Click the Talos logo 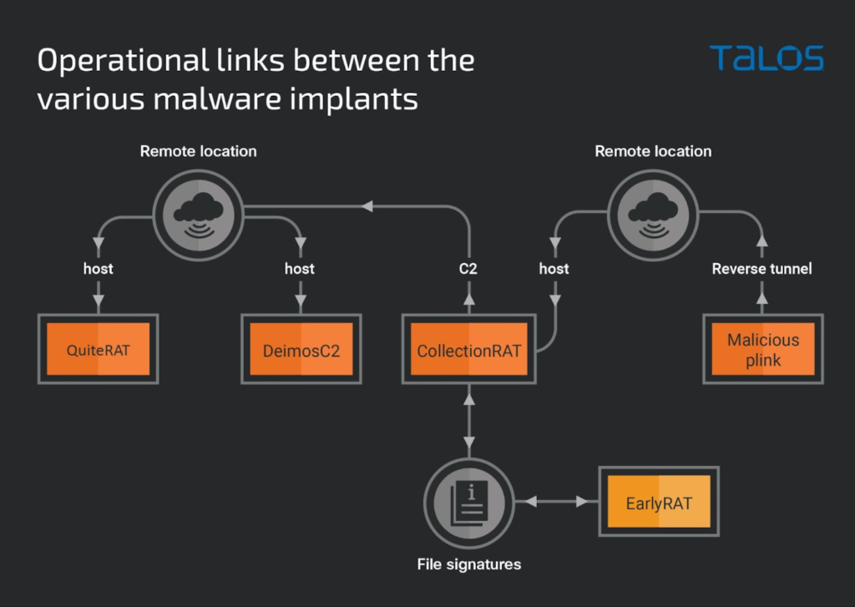(x=766, y=58)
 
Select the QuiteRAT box (x=98, y=349)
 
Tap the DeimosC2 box (x=301, y=349)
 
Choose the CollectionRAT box (x=468, y=349)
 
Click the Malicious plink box (x=762, y=349)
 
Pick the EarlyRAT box (x=659, y=503)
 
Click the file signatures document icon (x=468, y=503)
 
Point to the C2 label (x=468, y=269)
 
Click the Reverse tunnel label (x=761, y=269)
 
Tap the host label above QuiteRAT (x=98, y=269)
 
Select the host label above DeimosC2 (x=299, y=269)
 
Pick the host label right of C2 (x=554, y=269)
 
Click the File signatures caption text (x=468, y=564)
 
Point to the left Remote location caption (x=198, y=151)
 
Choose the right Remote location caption (x=653, y=151)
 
